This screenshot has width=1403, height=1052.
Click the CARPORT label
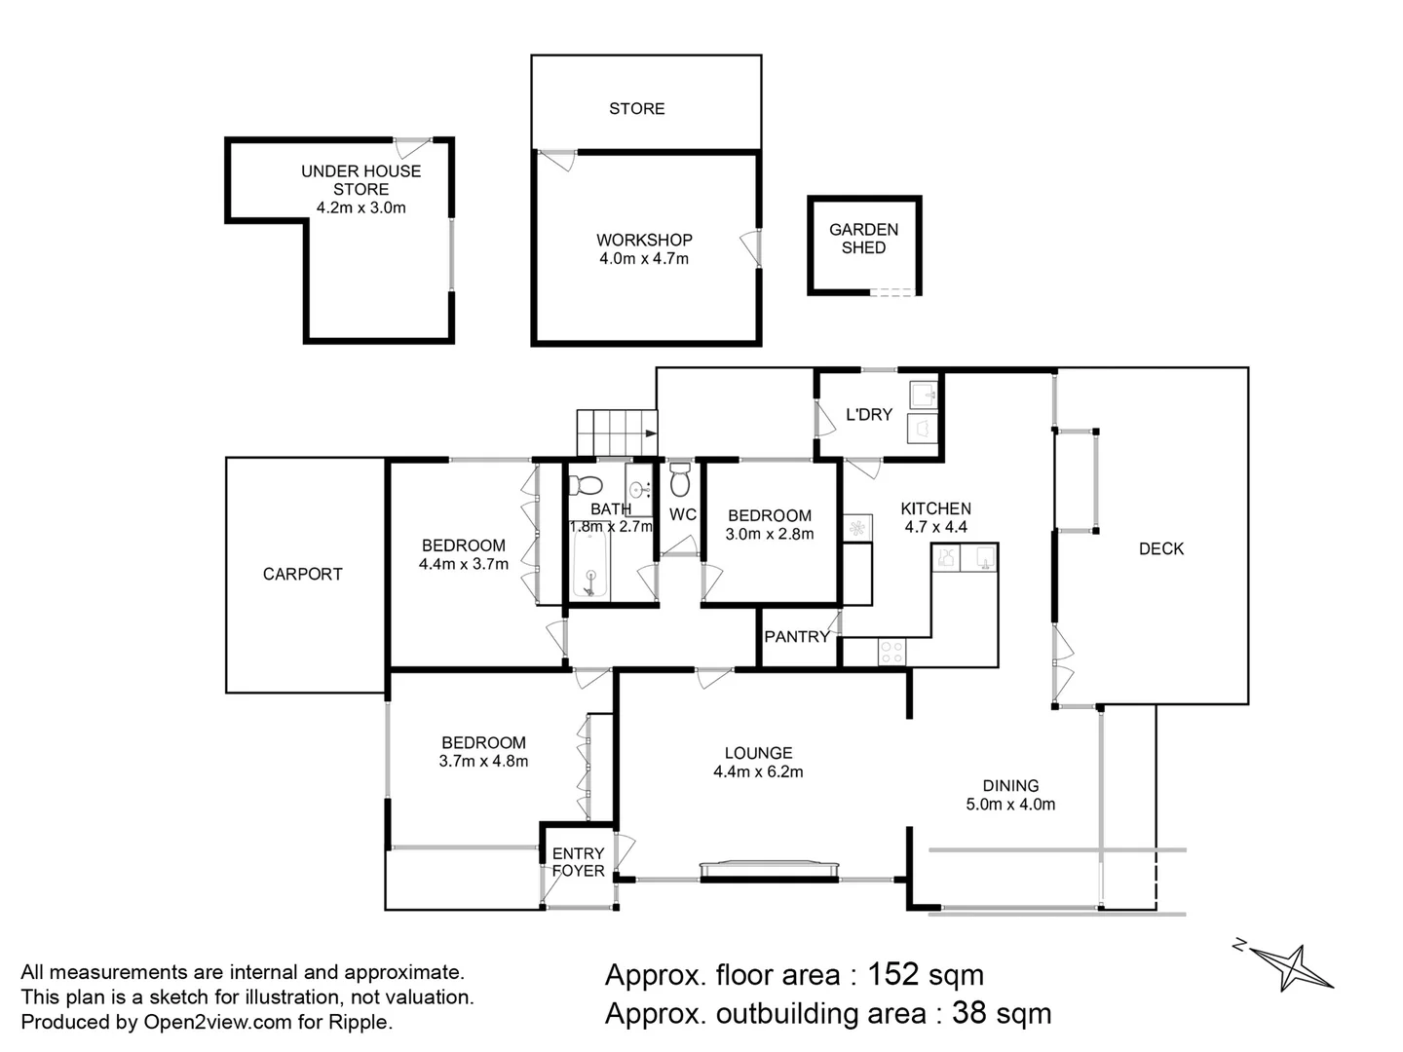[302, 574]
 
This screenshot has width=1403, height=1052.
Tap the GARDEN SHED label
[863, 239]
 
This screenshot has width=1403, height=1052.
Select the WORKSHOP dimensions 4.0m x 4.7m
[644, 258]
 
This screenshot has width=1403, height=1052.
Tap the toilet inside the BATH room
[586, 483]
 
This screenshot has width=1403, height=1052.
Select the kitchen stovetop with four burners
[891, 652]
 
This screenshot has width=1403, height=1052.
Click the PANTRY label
[796, 636]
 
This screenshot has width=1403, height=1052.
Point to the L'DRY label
[868, 414]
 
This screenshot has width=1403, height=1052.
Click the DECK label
[1161, 548]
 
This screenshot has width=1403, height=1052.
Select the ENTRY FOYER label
[578, 862]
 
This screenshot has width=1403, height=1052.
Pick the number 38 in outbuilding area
[968, 1013]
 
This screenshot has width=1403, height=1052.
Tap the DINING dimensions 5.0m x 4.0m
[1010, 804]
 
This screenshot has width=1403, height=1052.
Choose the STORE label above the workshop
[636, 108]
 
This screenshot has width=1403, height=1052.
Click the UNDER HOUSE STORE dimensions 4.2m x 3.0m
[360, 207]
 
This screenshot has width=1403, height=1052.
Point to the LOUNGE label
[758, 753]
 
